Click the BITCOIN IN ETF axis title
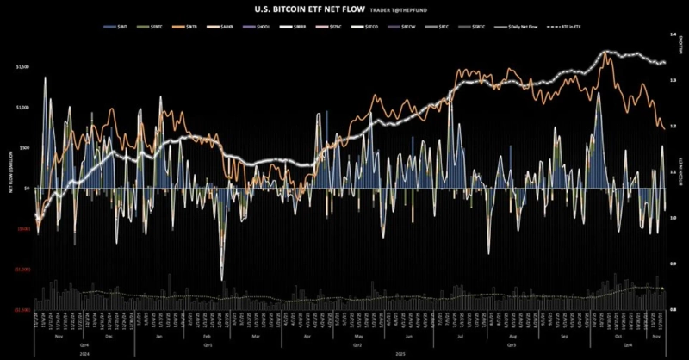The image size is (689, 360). pos(680,172)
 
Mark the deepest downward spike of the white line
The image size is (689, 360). pos(222,277)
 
